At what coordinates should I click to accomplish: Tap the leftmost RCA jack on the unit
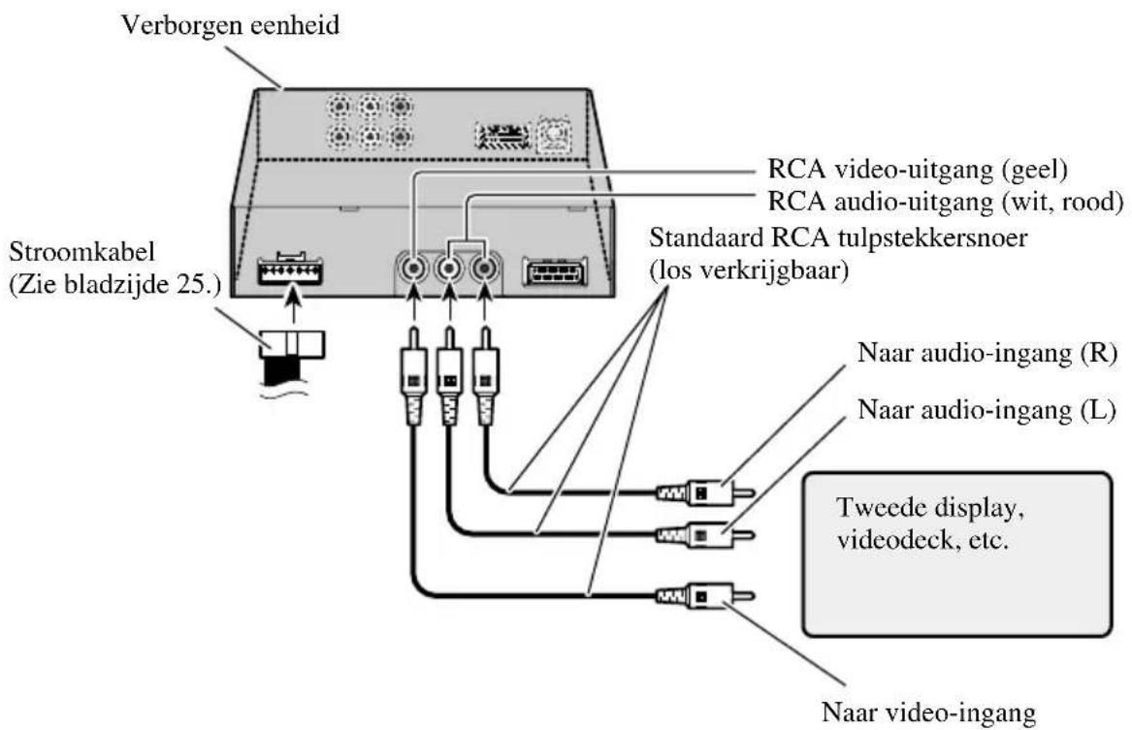[x=414, y=266]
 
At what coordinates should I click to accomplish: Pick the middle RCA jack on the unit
[x=448, y=266]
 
